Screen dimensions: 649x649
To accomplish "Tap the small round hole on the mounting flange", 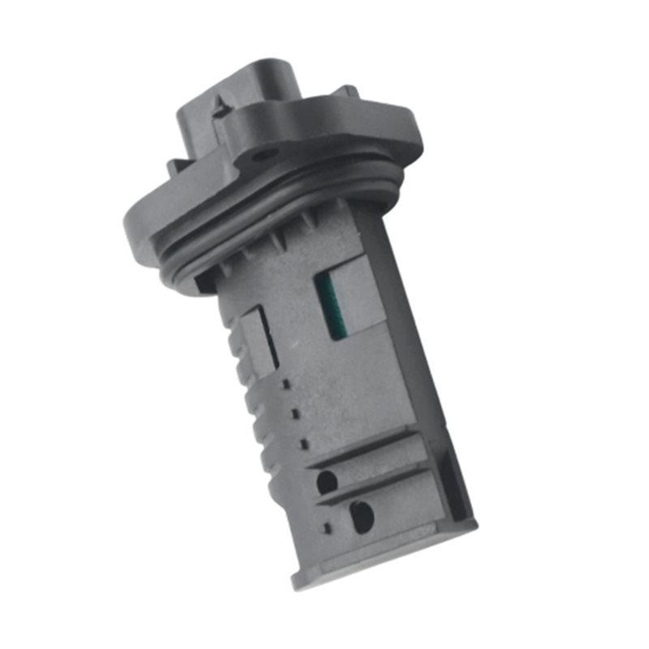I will pyautogui.click(x=262, y=154).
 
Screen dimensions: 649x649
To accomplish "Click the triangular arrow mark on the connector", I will pyautogui.click(x=220, y=104).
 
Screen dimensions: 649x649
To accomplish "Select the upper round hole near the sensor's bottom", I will pyautogui.click(x=326, y=481).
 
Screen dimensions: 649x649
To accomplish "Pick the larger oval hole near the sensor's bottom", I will pyautogui.click(x=361, y=515).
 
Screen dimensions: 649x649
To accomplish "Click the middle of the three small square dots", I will pyautogui.click(x=295, y=412).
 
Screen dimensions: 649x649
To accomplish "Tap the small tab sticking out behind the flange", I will pyautogui.click(x=347, y=92).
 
